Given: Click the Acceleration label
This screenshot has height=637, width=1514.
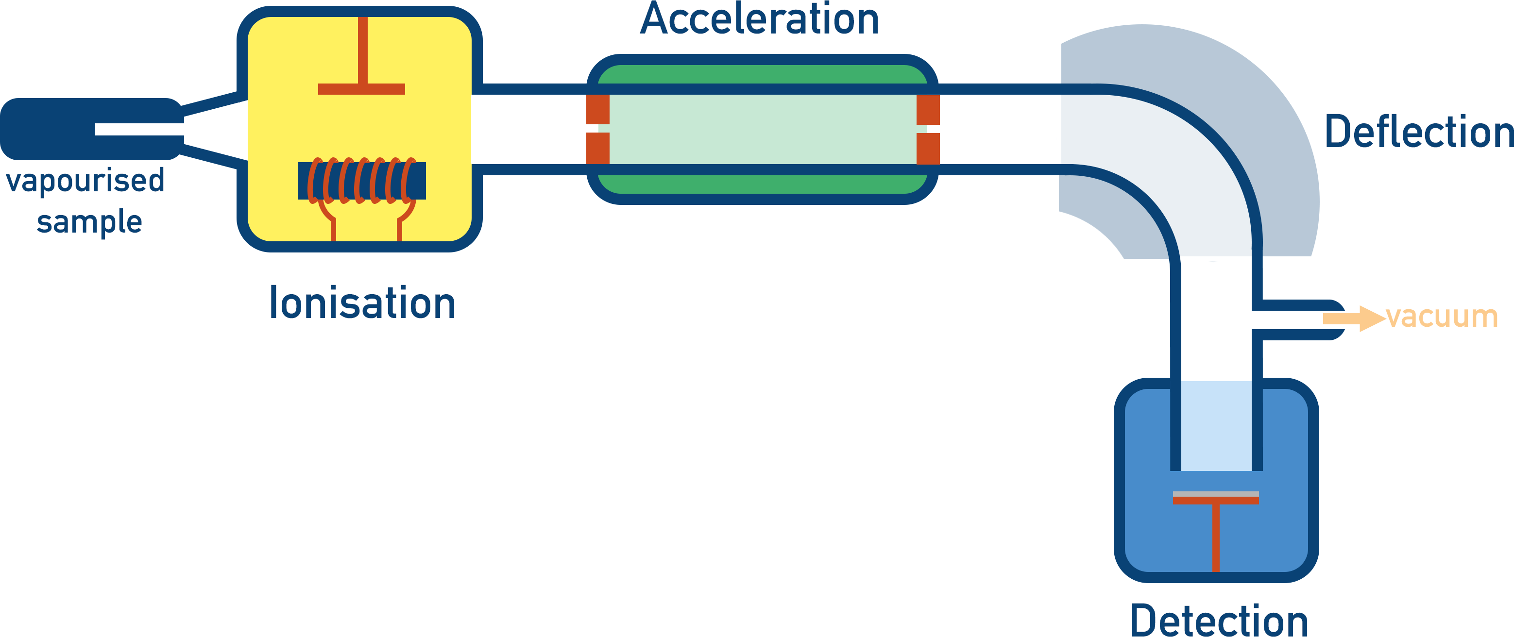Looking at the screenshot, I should pyautogui.click(x=759, y=20).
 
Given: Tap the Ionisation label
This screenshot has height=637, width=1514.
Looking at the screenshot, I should pyautogui.click(x=362, y=304).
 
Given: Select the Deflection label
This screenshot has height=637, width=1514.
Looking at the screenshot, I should pyautogui.click(x=1418, y=132).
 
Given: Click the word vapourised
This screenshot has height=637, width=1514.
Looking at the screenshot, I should pyautogui.click(x=85, y=181).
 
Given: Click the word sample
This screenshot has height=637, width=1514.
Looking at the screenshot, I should pyautogui.click(x=89, y=223).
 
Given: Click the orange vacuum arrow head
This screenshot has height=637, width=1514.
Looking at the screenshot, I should pyautogui.click(x=1371, y=318).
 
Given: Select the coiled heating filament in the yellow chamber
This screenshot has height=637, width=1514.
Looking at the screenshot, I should pyautogui.click(x=361, y=181).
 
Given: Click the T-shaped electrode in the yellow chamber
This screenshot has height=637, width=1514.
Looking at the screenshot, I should pyautogui.click(x=362, y=88).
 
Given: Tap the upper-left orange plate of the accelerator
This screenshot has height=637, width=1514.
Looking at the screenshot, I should pyautogui.click(x=598, y=109).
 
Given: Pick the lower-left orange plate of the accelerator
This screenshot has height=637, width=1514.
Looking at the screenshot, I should pyautogui.click(x=598, y=148).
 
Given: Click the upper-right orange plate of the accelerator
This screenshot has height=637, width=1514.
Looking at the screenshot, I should pyautogui.click(x=928, y=110).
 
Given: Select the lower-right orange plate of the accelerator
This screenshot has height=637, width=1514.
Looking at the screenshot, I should pyautogui.click(x=928, y=149).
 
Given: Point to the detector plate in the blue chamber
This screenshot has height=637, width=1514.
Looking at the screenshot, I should pyautogui.click(x=1215, y=498).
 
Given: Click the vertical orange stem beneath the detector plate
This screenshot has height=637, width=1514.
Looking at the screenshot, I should pyautogui.click(x=1215, y=537).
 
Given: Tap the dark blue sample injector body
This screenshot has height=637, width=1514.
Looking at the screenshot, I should pyautogui.click(x=47, y=129).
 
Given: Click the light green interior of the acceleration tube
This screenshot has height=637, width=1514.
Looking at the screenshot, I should pyautogui.click(x=762, y=129).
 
